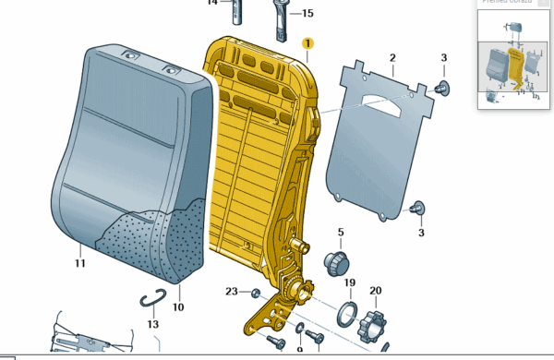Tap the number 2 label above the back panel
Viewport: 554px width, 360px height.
click(391, 58)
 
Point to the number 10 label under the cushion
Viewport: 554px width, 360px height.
click(178, 306)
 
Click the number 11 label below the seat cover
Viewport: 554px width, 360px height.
click(80, 264)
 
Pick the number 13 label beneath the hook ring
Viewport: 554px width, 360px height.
click(152, 324)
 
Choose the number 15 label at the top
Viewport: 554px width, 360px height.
click(307, 13)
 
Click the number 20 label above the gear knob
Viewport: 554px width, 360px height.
click(375, 291)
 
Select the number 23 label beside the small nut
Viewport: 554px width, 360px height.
click(231, 292)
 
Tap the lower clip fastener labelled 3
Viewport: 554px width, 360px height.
click(417, 209)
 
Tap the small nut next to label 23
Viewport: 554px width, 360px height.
click(255, 294)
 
